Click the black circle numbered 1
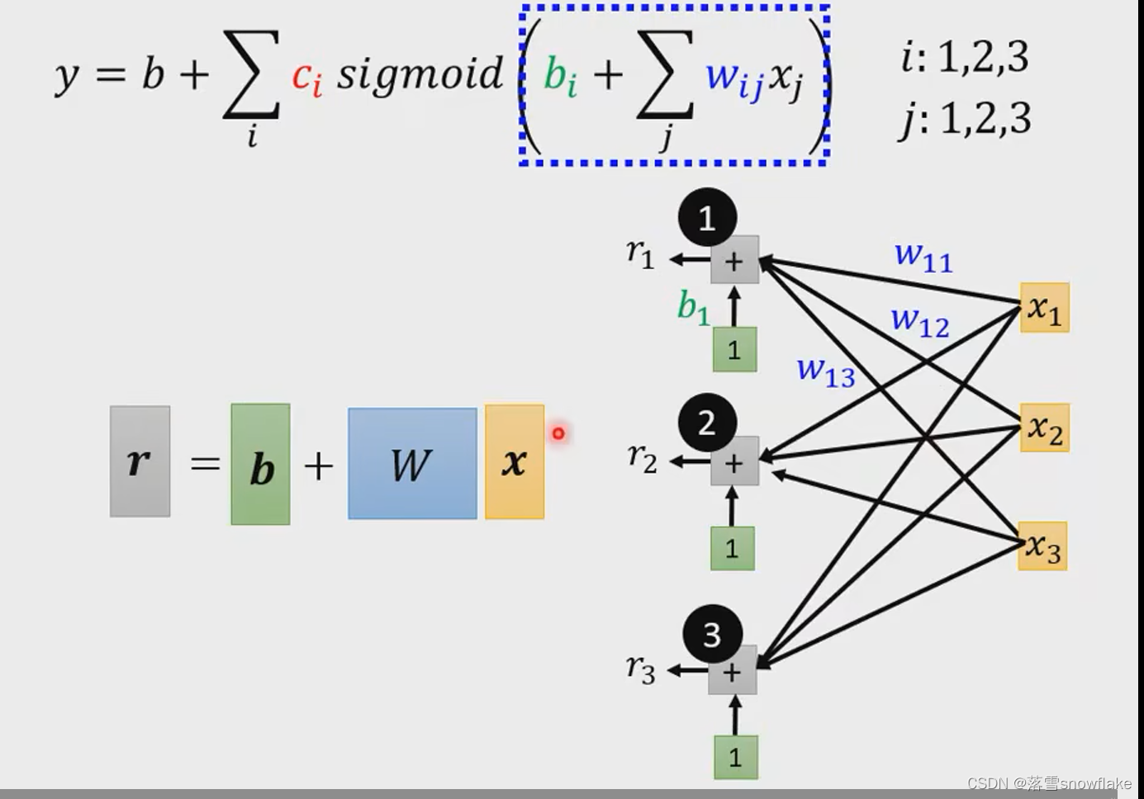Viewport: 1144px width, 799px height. click(x=707, y=218)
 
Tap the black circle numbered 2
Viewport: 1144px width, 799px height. click(x=707, y=423)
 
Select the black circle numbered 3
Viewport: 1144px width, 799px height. click(x=712, y=634)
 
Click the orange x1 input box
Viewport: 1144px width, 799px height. click(x=1045, y=308)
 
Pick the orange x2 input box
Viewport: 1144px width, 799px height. click(x=1045, y=428)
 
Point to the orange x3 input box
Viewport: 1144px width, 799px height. click(x=1042, y=546)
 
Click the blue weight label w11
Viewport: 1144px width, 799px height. click(x=923, y=256)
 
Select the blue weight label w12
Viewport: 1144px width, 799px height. click(x=919, y=321)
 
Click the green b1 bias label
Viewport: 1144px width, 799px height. click(x=693, y=307)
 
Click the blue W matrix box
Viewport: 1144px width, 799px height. click(x=412, y=464)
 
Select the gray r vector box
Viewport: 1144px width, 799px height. click(x=140, y=461)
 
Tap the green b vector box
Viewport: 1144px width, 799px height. click(x=260, y=464)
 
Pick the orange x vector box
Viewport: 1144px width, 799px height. click(x=515, y=461)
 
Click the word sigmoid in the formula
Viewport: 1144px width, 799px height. click(x=420, y=74)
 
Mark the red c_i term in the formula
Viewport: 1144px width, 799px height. click(x=306, y=77)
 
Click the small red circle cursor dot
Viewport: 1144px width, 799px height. click(x=558, y=433)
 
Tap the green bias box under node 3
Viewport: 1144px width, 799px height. click(x=735, y=757)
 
